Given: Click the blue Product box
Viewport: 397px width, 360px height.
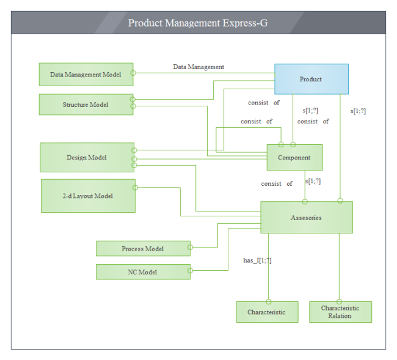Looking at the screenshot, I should coord(311,79).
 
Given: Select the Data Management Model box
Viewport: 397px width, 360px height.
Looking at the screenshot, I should coord(86,75).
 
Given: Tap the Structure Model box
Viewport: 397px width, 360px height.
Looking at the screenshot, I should coord(86,105).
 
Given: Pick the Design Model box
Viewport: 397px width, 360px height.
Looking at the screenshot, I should coord(87,158).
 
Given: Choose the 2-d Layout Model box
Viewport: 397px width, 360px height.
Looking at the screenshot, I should coord(88,196).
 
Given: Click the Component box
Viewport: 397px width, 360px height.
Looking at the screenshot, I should coord(294,158).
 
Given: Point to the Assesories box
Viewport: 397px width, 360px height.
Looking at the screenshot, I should coord(306,218).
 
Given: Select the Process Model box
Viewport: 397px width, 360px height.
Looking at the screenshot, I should coord(143,248).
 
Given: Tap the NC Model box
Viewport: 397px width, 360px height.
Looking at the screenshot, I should coord(143,272).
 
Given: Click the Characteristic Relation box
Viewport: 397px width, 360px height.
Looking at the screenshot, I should coord(340,312).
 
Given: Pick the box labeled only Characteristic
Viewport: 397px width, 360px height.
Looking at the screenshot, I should coord(267,312).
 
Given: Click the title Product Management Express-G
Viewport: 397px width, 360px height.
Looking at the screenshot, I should coord(198,23).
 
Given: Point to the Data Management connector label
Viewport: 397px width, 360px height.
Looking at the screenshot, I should coord(198,67).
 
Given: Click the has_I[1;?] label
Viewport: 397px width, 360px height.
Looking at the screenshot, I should coord(257,260).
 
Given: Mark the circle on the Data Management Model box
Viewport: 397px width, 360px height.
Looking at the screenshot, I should coord(133,73).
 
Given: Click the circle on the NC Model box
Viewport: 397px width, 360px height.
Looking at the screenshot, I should coord(190,271).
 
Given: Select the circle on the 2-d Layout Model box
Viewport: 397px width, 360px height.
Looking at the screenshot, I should coord(134,187).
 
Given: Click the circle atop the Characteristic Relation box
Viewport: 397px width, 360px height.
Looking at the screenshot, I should coord(339,301).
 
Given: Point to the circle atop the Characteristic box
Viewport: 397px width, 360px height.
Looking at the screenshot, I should coord(268,301).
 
